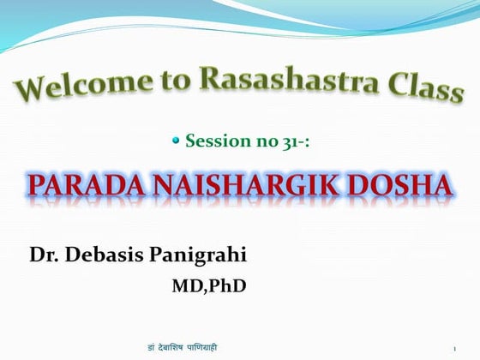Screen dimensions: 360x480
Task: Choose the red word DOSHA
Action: [401, 185]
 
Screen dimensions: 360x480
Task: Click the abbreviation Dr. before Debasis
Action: [45, 255]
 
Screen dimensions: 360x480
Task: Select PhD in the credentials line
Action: [228, 285]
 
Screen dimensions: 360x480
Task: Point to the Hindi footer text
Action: [183, 346]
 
